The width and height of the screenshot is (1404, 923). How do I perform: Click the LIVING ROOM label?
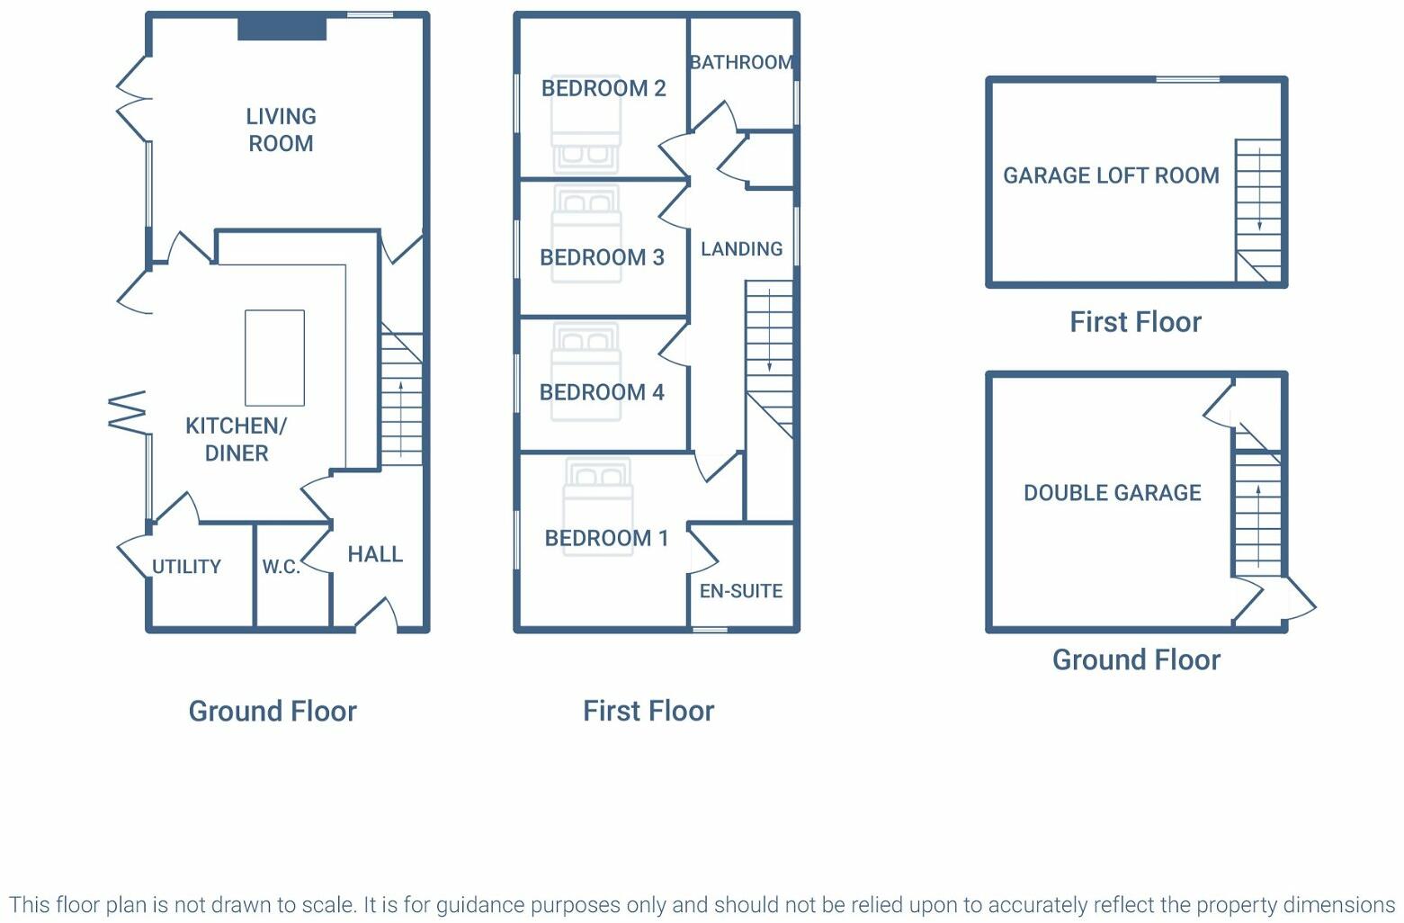coord(281,130)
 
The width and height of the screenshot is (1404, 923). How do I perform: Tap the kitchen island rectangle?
coord(274,358)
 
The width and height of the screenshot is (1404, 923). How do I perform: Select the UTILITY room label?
coord(186,567)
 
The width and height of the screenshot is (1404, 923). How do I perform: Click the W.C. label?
coord(281,567)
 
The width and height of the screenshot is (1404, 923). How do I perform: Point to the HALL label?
coord(375,554)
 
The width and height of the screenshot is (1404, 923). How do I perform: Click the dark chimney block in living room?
coord(282,28)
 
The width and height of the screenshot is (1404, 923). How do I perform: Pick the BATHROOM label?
coord(741,62)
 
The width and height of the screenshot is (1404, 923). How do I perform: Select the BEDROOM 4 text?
coord(602,392)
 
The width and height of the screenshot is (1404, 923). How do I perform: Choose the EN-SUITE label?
coord(741,591)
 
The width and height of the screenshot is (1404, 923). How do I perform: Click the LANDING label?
coord(741,249)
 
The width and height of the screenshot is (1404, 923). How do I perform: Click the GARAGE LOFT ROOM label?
coord(1111,175)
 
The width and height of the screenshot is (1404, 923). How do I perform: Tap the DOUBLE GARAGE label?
coord(1112,493)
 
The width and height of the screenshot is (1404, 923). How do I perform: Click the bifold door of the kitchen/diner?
coord(128,411)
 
